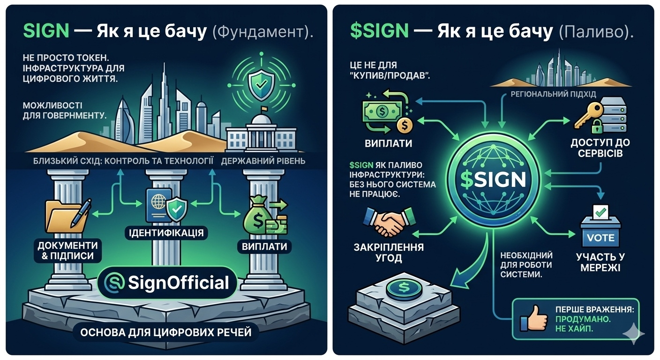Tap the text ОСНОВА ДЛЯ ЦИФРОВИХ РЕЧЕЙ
coord(166,332)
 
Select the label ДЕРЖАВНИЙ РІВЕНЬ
coord(263,161)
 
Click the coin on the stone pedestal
coord(403,286)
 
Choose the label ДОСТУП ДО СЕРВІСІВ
coord(600,147)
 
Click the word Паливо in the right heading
coord(593,31)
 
